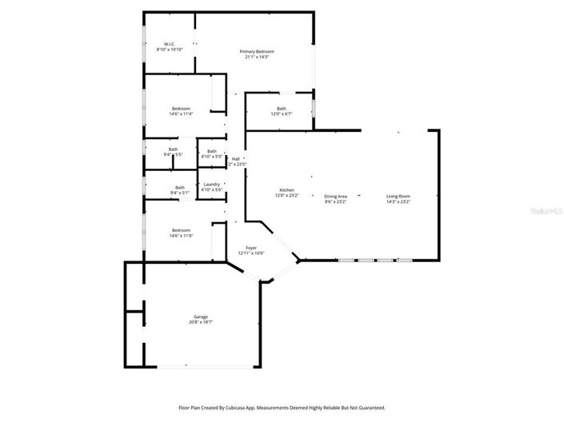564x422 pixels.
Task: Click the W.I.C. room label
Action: (x=169, y=44)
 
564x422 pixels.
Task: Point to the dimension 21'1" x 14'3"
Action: (x=257, y=57)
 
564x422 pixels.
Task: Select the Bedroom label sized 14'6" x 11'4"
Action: (x=181, y=108)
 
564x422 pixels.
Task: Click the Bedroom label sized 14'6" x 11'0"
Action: (x=181, y=230)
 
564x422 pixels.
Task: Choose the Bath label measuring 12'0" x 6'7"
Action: (x=282, y=109)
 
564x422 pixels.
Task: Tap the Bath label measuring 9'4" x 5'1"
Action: (x=180, y=188)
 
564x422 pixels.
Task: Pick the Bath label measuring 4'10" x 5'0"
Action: (x=212, y=151)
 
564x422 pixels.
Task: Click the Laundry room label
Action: (x=212, y=185)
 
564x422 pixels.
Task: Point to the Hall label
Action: (x=236, y=159)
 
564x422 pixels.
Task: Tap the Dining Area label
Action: (x=335, y=196)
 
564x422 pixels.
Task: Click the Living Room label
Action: (x=398, y=196)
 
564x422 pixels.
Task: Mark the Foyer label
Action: (x=250, y=248)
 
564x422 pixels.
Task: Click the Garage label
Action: (x=200, y=316)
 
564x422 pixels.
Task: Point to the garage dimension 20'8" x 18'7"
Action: (x=200, y=322)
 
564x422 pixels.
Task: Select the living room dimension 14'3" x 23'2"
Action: (x=398, y=201)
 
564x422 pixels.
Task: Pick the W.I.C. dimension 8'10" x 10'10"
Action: (x=169, y=50)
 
